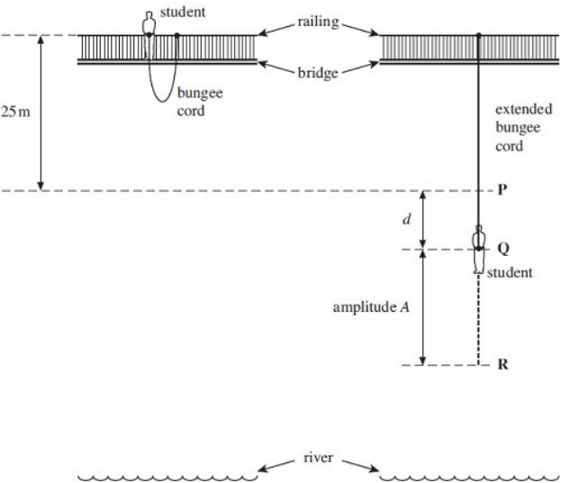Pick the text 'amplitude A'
click(x=371, y=307)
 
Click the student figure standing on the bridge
click(x=149, y=25)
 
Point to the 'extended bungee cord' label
click(x=518, y=127)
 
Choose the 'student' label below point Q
click(x=510, y=270)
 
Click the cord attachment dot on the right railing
click(x=478, y=35)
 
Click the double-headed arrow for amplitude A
click(x=423, y=307)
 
